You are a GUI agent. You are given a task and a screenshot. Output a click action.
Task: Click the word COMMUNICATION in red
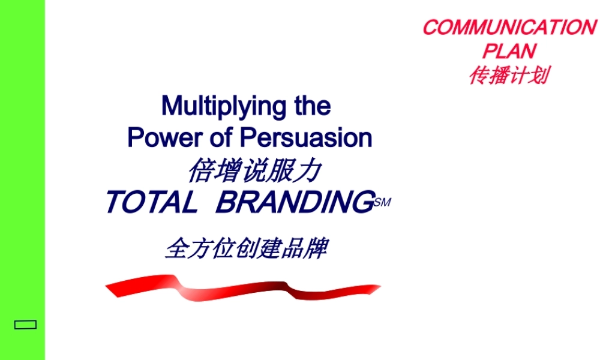[x=509, y=28]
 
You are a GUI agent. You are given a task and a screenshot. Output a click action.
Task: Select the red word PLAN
[x=509, y=51]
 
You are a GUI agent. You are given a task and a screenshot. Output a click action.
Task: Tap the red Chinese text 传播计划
[x=508, y=76]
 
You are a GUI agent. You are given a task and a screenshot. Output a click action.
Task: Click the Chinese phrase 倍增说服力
[x=253, y=171]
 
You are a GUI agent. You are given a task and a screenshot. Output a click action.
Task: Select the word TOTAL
[x=151, y=202]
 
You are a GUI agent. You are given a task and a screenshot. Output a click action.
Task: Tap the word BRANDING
[x=294, y=202]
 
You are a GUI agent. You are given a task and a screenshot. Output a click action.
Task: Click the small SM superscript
[x=382, y=203]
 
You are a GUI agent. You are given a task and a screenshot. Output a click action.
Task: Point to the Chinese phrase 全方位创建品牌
[x=246, y=248]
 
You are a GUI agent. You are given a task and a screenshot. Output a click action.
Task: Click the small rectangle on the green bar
[x=25, y=325]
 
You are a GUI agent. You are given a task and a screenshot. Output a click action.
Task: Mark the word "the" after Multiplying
[x=312, y=107]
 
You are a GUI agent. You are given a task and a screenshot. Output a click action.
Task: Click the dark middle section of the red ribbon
[x=282, y=291]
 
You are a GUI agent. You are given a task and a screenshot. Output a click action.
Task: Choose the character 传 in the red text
[x=479, y=76]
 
